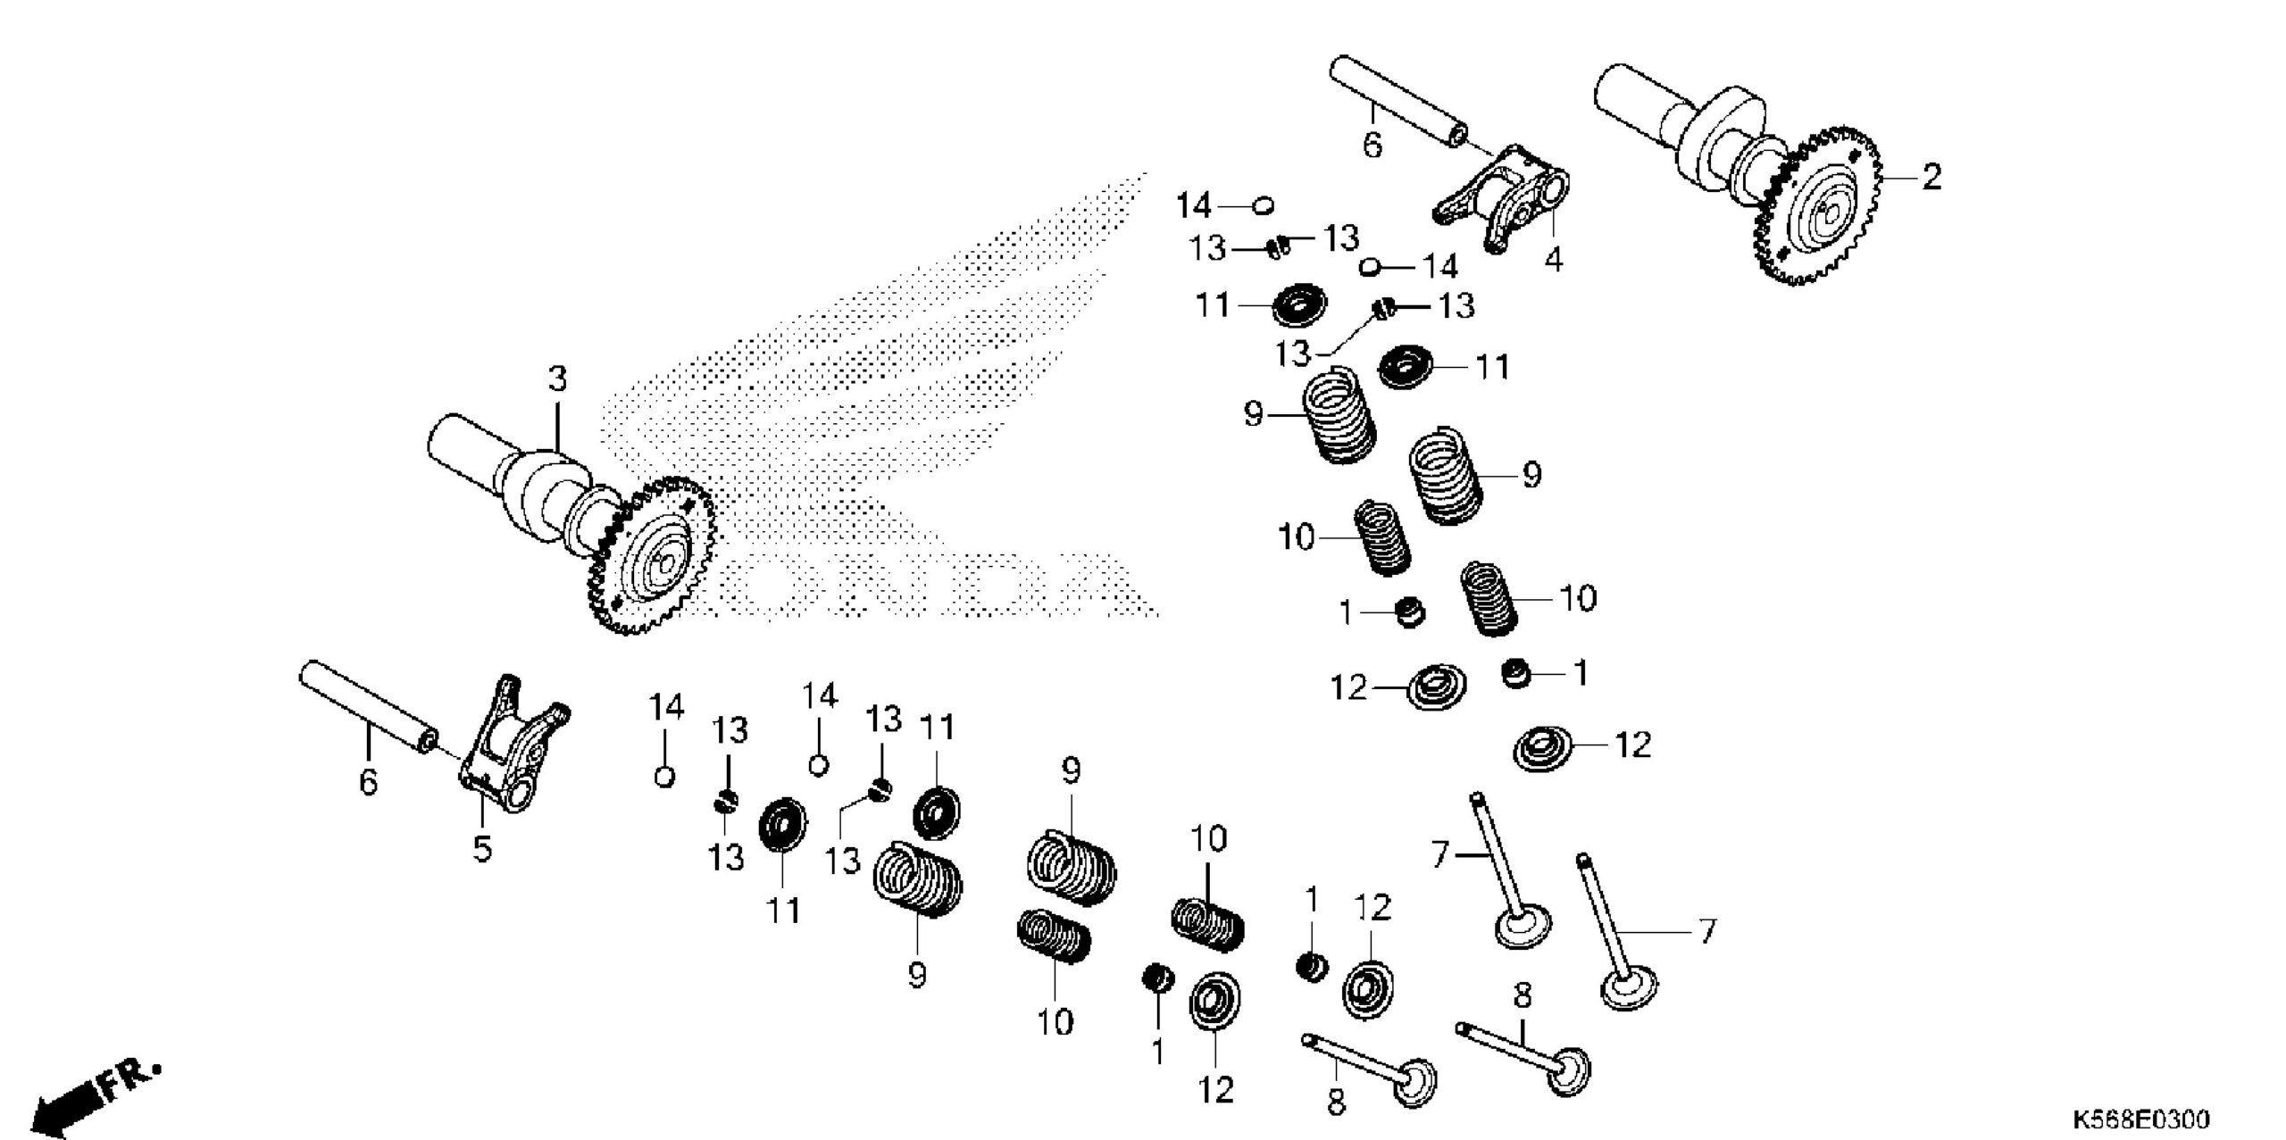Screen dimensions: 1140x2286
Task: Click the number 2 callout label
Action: (x=1931, y=177)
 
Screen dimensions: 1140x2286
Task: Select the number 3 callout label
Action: (x=557, y=379)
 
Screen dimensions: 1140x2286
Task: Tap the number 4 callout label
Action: (x=1554, y=261)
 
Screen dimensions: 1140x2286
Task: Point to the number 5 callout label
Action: (x=482, y=849)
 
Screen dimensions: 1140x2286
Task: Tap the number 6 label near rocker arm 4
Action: (x=1372, y=145)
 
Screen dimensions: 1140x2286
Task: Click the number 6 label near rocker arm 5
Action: (x=368, y=783)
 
